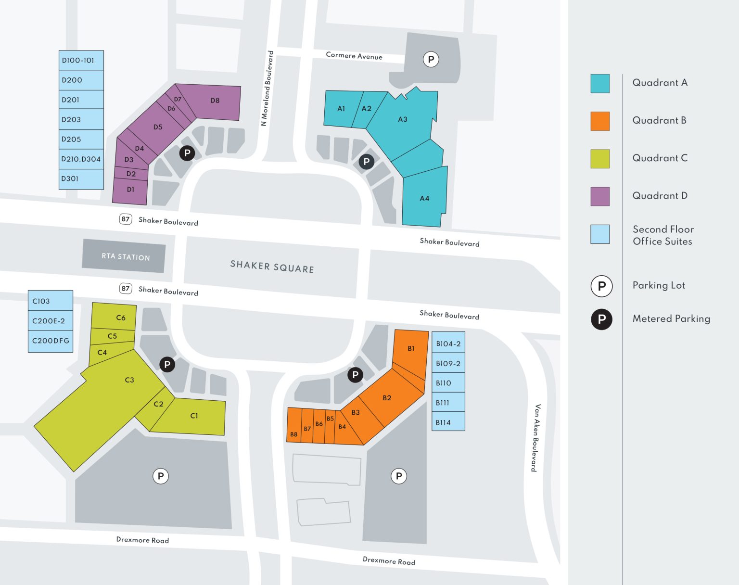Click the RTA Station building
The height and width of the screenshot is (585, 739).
click(124, 256)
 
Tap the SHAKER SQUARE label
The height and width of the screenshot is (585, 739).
click(272, 267)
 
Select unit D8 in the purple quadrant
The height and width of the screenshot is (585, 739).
click(215, 101)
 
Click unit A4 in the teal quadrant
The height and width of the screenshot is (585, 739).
click(424, 198)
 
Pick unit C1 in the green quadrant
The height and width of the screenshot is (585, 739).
click(194, 416)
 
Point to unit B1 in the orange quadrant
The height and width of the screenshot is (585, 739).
click(411, 349)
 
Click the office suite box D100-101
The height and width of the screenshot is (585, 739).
click(81, 61)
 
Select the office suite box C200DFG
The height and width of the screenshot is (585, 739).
click(51, 341)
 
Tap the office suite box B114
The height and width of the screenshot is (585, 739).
click(448, 422)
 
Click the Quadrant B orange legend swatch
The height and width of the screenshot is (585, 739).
click(600, 121)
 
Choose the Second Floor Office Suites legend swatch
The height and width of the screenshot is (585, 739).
click(600, 234)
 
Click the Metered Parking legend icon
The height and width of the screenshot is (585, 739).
click(601, 319)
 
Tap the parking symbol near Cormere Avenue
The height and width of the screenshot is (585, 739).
click(431, 60)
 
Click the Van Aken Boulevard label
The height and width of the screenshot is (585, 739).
click(535, 438)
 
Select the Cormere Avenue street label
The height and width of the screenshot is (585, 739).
click(354, 56)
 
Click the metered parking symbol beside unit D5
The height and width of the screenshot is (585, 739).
click(187, 153)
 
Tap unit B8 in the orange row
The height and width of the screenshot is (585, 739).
click(293, 434)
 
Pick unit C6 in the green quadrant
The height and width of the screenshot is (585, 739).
click(121, 318)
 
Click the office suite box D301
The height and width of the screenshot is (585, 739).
click(81, 179)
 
